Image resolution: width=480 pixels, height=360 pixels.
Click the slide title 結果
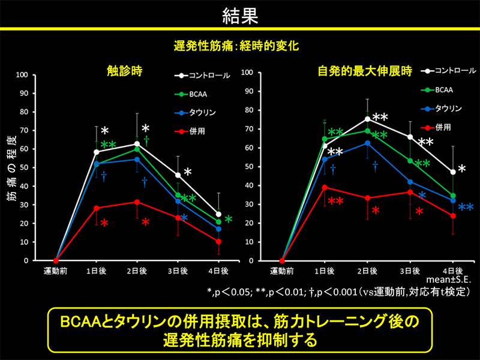tap(240, 14)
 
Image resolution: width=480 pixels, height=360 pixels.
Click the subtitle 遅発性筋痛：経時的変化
tap(240, 45)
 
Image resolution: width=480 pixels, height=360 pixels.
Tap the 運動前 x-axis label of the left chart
tap(56, 271)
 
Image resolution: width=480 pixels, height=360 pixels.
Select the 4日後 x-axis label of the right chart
tap(452, 271)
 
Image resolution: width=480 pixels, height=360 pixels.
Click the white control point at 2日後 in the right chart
tap(367, 119)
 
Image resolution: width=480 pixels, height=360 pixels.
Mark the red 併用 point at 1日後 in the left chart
tap(96, 208)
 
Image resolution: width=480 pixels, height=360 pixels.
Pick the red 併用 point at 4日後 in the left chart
tap(218, 241)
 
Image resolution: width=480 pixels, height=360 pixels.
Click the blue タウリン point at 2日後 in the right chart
tap(367, 143)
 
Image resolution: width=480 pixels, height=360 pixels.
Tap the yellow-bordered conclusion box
tap(240, 331)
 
